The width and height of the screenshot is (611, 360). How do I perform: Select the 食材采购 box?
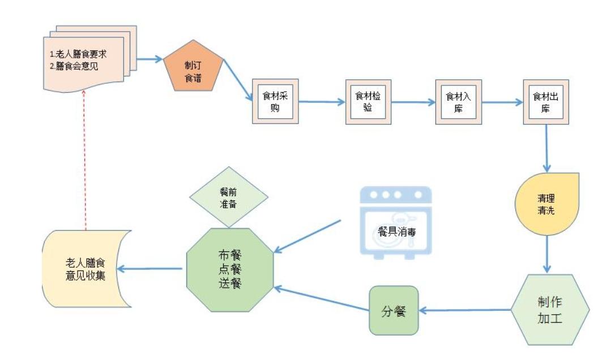point(275,102)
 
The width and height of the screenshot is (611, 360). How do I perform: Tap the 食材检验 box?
point(368,102)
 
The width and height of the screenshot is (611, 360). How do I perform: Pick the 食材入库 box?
point(458,102)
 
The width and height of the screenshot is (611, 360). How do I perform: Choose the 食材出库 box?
point(546,102)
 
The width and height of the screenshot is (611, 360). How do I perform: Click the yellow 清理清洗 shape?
point(546,204)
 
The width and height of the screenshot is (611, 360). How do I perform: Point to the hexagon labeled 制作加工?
point(549,310)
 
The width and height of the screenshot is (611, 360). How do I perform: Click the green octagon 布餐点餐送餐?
point(230,268)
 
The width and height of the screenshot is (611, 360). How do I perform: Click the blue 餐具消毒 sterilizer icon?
point(396,223)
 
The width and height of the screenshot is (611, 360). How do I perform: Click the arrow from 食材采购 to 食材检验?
point(322,102)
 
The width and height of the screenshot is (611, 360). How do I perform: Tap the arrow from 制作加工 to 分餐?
point(464,310)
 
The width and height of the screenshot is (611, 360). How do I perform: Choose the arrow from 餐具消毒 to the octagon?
point(309,236)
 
